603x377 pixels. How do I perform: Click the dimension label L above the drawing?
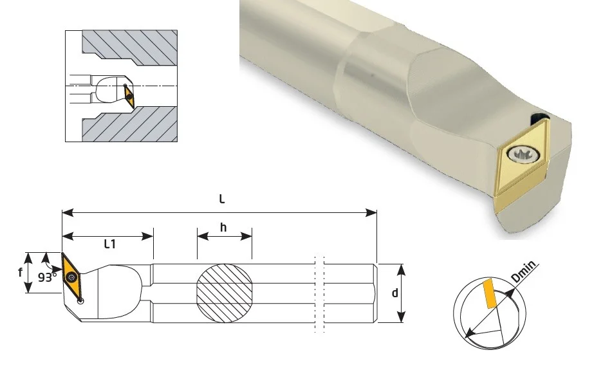pos(222,199)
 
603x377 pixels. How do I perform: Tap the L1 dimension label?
pos(110,244)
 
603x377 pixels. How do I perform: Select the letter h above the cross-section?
pos(223,228)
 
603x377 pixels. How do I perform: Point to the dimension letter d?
pos(395,293)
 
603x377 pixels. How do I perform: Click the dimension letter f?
pos(21,273)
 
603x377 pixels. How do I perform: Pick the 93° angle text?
pos(48,277)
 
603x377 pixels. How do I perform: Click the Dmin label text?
pos(523,271)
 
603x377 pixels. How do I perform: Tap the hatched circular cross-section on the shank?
pos(225,293)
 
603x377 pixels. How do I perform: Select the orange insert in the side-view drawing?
pos(71,277)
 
